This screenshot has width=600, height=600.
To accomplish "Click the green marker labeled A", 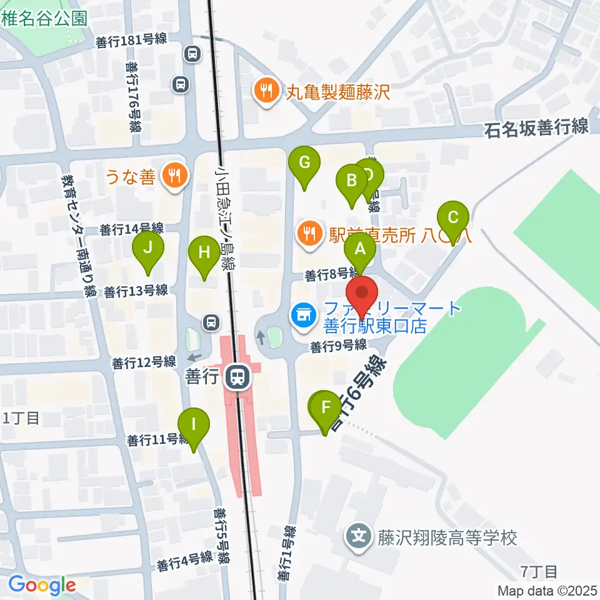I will (x=360, y=250).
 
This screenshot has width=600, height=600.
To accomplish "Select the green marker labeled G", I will (x=304, y=163).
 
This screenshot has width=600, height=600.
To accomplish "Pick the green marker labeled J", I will (x=147, y=248).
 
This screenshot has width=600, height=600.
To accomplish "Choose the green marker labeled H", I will (x=204, y=253).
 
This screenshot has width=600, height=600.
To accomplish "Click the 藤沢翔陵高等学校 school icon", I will (x=359, y=537).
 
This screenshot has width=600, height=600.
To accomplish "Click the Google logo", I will (x=42, y=585).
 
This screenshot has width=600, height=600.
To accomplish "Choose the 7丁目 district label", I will (x=538, y=571).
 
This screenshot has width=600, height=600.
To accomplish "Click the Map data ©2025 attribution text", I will (x=547, y=590).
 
